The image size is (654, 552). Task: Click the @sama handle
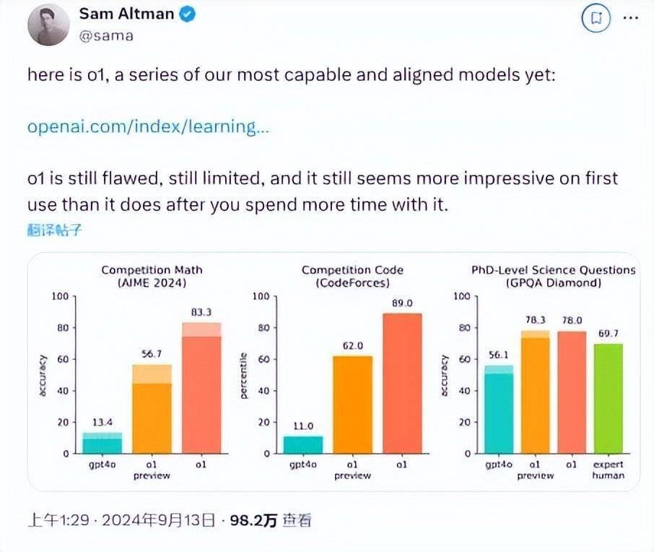[106, 34]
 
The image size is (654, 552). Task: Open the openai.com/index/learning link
[148, 126]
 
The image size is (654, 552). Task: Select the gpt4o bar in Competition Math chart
[102, 442]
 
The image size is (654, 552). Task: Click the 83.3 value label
[201, 312]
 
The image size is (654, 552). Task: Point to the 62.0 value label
[352, 347]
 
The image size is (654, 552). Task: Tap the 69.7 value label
[609, 334]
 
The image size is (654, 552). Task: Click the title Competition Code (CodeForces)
[352, 277]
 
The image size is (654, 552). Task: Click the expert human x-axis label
[609, 470]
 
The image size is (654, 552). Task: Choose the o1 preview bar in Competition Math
[152, 408]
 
